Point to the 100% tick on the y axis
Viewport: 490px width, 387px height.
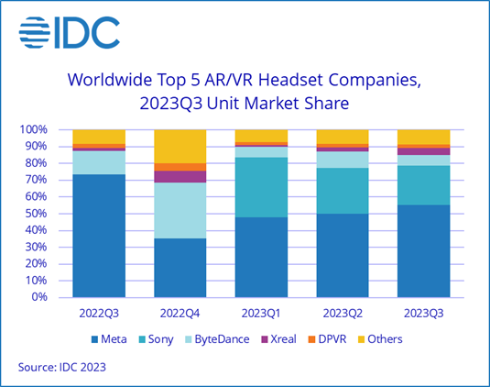34,130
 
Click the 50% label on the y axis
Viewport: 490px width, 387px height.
37,214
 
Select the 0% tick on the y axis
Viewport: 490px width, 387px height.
40,297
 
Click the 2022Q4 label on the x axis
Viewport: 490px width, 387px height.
180,313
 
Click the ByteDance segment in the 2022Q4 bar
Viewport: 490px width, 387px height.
180,210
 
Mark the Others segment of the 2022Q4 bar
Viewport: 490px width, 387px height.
180,146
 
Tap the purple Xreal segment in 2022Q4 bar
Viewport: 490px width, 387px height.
180,176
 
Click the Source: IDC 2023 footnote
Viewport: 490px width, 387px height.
61,368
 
